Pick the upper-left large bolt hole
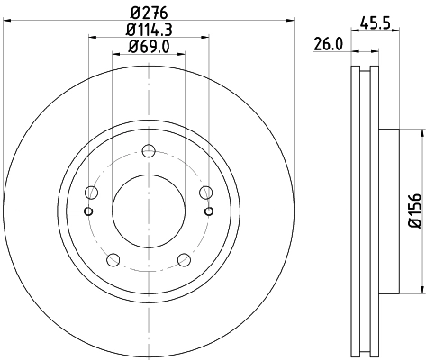coord(91,192)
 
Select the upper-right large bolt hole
coord(205,192)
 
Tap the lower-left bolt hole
coord(113,260)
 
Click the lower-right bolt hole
coord(184,260)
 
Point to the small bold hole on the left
coord(88,211)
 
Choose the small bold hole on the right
coord(209,211)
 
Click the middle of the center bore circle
coord(149,211)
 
